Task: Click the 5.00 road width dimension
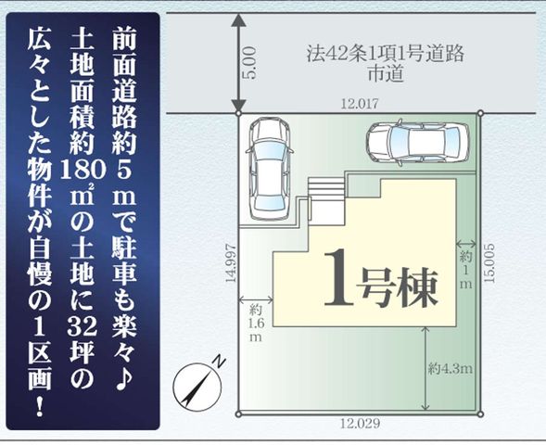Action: [251, 63]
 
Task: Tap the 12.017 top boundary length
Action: [359, 104]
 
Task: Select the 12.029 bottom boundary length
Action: [360, 424]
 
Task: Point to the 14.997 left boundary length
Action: [231, 264]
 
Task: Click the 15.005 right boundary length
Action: [489, 263]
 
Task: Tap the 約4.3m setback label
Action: [450, 368]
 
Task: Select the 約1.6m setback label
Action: [256, 324]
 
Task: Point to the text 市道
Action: [386, 73]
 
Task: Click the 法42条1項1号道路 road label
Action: [386, 55]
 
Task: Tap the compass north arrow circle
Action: [197, 388]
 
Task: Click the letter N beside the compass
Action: [219, 362]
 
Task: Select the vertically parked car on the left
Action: [269, 169]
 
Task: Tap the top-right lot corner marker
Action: [480, 113]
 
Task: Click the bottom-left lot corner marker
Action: [238, 414]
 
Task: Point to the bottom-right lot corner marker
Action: [480, 414]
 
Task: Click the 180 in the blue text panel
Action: [83, 172]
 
